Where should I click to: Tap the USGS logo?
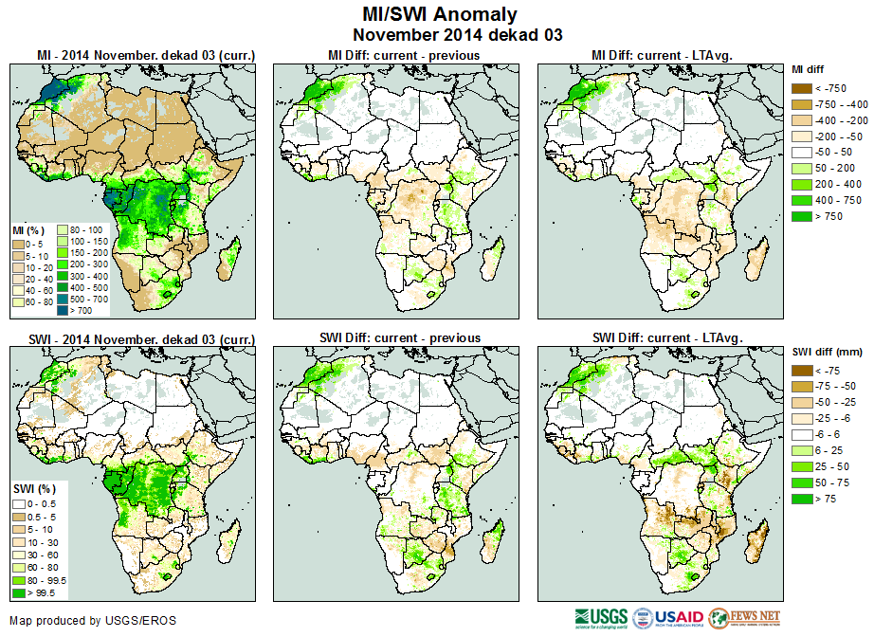[599, 618]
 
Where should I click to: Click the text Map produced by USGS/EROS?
[92, 621]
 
